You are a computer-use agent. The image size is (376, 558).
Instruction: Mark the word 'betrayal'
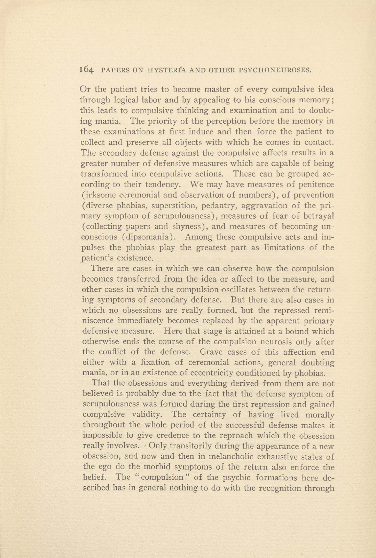[318, 216]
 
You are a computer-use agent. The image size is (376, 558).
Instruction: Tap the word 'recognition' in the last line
[275, 488]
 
